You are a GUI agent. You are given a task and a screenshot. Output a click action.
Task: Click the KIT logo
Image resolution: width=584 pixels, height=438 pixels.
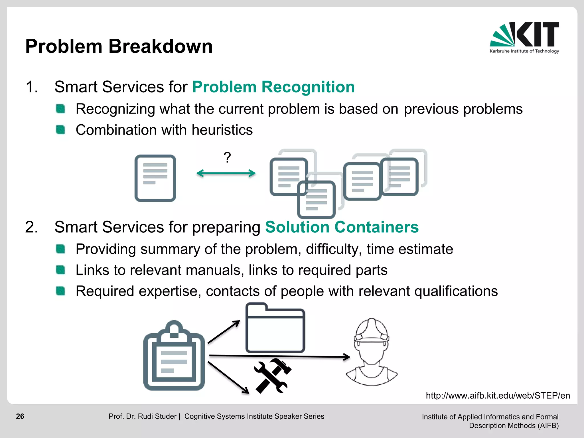tap(524, 37)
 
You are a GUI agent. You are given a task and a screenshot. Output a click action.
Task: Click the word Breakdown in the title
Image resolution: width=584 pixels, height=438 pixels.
tap(161, 46)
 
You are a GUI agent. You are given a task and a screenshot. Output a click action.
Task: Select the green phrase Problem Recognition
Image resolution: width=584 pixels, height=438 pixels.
tap(273, 87)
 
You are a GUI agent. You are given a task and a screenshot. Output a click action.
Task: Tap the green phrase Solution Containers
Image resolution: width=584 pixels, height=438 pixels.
tap(342, 227)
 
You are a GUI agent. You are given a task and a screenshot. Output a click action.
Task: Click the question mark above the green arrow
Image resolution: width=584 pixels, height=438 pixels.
tap(227, 157)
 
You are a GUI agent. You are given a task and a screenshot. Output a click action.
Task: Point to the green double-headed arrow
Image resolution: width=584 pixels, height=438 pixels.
tap(226, 173)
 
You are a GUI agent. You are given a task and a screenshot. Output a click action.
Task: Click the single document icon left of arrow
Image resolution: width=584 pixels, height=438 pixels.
tap(155, 178)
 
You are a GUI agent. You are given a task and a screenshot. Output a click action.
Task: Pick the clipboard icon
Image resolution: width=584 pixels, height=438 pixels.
tap(174, 356)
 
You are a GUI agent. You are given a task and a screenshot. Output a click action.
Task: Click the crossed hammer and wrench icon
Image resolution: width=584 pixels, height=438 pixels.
tap(272, 376)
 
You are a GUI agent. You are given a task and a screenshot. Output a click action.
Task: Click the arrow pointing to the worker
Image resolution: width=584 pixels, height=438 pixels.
tap(279, 356)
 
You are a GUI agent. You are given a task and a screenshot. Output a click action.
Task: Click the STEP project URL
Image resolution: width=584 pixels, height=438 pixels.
tap(498, 396)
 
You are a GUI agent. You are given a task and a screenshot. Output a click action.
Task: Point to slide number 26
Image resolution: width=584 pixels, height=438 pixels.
tap(20, 416)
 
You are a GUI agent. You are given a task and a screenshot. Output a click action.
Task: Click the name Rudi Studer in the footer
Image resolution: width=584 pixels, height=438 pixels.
tap(157, 416)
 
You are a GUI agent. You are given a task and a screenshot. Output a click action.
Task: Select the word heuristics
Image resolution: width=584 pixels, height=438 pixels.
tap(222, 130)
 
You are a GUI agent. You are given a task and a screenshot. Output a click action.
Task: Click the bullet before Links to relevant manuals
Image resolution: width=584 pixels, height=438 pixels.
tap(60, 270)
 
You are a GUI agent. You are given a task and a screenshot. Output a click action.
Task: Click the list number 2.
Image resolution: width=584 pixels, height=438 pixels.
tap(31, 227)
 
